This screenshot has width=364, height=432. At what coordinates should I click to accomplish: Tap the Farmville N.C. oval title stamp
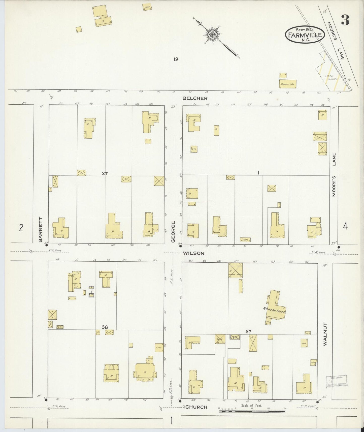click(x=305, y=35)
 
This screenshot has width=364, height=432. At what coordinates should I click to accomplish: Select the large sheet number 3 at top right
click(x=345, y=20)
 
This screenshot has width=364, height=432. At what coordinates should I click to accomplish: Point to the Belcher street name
click(x=195, y=98)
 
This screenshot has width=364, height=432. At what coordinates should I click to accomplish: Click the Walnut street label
click(x=325, y=334)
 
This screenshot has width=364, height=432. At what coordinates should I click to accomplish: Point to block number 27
click(x=105, y=173)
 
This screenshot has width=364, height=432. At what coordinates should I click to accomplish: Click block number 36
click(x=105, y=327)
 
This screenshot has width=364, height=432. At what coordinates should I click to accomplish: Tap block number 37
click(x=248, y=331)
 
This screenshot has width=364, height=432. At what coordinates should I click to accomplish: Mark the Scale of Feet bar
click(x=252, y=411)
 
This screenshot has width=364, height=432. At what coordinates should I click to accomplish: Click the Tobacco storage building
click(x=287, y=84)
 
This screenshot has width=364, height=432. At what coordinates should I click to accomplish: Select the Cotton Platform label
click(x=331, y=77)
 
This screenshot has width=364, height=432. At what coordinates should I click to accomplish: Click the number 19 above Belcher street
click(x=176, y=59)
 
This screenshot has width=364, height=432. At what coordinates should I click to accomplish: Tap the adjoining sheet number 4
click(x=345, y=227)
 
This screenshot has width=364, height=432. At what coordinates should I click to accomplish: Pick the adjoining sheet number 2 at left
click(x=21, y=228)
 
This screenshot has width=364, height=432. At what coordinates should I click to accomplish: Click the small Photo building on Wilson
click(x=245, y=240)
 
